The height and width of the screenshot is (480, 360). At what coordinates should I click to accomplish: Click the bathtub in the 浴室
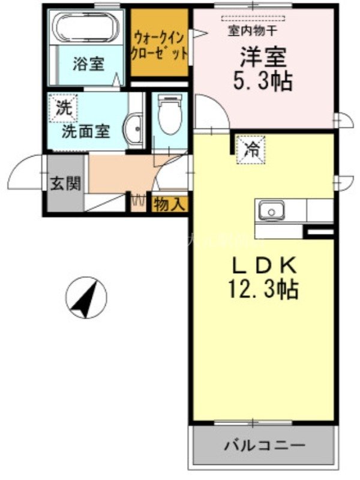point(84,27)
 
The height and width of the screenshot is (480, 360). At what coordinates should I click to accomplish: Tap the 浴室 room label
point(88,64)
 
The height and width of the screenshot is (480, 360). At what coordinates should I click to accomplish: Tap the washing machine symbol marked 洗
point(62,109)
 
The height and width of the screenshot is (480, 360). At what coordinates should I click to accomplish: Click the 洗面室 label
point(86,132)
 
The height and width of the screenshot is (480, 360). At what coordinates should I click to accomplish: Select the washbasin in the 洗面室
point(134,128)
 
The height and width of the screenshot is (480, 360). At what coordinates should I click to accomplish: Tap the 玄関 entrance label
point(65,184)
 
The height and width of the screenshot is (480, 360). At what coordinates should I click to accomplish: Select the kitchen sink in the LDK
point(271,211)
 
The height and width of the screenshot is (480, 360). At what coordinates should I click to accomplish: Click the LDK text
point(262,265)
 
